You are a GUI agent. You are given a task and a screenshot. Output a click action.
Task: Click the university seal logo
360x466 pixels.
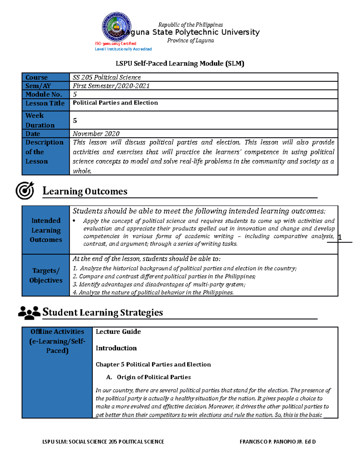coord(116,27)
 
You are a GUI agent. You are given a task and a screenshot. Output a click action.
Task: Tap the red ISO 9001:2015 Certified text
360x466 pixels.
coord(115,44)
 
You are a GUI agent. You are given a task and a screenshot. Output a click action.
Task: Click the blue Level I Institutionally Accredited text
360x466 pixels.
coord(123,49)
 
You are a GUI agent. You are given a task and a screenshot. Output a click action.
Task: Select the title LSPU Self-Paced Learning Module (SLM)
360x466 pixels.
coord(180,63)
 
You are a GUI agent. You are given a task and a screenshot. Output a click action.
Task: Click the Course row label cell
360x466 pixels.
coord(46,77)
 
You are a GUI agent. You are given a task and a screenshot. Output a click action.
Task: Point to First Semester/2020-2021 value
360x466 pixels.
coord(111,86)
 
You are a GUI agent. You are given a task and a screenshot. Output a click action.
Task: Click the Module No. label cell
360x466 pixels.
coord(46,94)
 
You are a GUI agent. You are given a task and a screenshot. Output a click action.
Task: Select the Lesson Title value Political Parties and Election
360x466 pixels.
coord(115,103)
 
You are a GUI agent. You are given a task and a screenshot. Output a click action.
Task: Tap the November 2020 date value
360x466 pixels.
coord(96,134)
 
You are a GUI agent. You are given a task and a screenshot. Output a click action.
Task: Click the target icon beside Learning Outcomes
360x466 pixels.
coord(25,190)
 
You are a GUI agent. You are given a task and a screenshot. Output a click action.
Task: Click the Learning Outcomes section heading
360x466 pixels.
coord(85,191)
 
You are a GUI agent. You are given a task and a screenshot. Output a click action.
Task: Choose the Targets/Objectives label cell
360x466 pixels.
coord(46,275)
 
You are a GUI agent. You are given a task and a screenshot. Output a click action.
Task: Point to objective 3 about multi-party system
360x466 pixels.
coord(159,284)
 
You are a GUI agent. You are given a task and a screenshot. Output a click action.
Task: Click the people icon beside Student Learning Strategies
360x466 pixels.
coord(29,312)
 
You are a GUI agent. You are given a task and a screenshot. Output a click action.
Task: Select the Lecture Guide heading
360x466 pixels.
coord(118,332)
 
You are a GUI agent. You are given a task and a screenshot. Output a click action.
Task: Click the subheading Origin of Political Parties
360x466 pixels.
coord(154,377)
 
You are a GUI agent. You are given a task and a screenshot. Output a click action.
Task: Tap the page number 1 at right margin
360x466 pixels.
coord(340,238)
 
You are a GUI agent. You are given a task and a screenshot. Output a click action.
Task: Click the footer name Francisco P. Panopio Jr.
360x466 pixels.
coord(277,442)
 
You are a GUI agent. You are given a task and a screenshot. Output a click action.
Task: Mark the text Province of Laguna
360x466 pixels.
coord(190,41)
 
